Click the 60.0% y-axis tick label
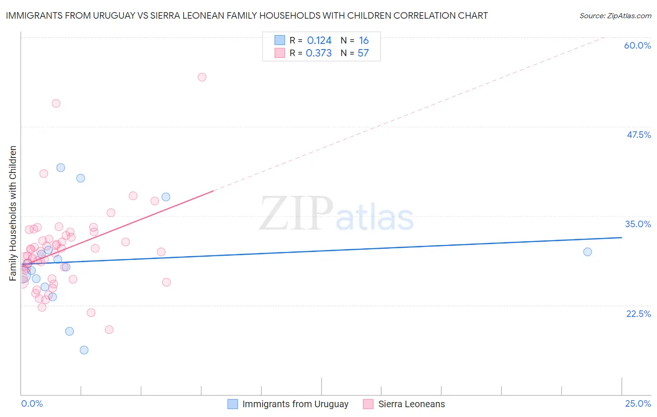(x=637, y=45)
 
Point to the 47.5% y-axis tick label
(x=638, y=135)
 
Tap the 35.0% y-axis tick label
(x=638, y=224)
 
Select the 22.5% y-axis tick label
(x=638, y=314)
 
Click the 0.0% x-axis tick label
(x=32, y=403)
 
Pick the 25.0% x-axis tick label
(x=638, y=403)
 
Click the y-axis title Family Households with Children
(x=13, y=213)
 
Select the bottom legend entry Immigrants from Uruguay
(x=295, y=404)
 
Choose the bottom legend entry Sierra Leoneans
(x=411, y=404)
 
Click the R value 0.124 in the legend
(x=319, y=41)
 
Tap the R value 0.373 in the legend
(x=319, y=53)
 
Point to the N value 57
(x=363, y=53)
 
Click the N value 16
(x=364, y=41)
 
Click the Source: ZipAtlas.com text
(x=615, y=16)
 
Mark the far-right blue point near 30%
(x=587, y=252)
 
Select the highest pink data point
(x=202, y=77)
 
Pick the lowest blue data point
(x=84, y=350)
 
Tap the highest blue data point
(x=61, y=168)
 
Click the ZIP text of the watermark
(x=296, y=214)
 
